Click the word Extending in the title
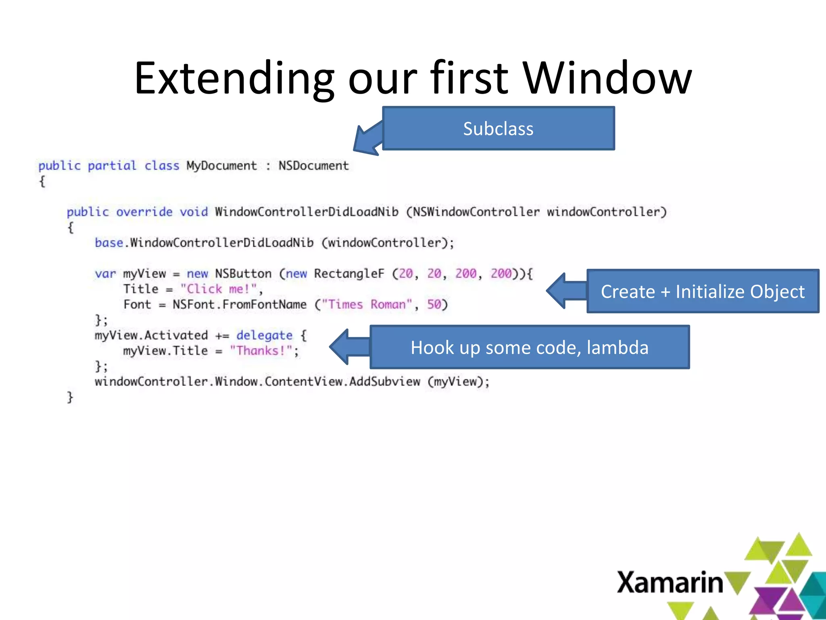click(234, 79)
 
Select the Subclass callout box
click(498, 129)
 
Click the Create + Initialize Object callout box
click(703, 291)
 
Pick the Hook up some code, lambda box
click(529, 348)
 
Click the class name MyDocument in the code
click(221, 166)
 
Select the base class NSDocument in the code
click(313, 166)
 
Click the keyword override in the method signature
click(144, 212)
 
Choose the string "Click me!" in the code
click(219, 289)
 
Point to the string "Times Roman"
click(367, 304)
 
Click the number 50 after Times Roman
click(434, 304)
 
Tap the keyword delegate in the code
click(264, 335)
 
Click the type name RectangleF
click(349, 274)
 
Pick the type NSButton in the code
click(243, 274)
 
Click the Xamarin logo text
click(670, 582)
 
